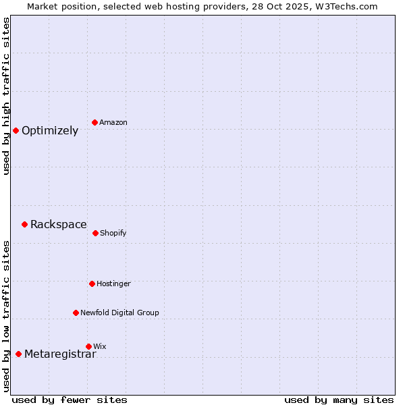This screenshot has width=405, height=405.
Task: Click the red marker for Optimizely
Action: point(16,130)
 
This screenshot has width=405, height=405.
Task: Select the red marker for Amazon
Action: point(95,122)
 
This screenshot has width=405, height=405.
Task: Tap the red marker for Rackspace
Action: point(25,224)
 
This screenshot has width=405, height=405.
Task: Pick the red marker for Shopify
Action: point(96,233)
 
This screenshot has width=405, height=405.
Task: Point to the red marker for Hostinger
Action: point(92,283)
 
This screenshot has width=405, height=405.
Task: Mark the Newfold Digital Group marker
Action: point(76,313)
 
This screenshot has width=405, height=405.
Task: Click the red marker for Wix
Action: point(88,346)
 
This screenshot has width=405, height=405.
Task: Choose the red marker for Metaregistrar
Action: point(19,354)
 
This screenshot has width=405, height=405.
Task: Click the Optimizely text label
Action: point(50,131)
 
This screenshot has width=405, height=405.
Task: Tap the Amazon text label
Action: point(113,123)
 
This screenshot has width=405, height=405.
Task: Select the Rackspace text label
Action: point(59,225)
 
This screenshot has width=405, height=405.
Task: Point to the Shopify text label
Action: point(113,234)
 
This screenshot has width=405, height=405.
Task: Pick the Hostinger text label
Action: point(113,284)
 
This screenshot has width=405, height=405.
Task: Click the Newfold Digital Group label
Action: point(119,313)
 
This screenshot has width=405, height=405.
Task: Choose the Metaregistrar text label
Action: point(60,354)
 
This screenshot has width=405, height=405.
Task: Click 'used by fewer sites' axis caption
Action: point(70,400)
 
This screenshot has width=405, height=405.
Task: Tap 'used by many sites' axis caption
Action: point(339,400)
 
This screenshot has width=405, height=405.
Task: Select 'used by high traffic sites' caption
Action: point(6,97)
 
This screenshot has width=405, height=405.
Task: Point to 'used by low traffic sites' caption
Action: point(6,316)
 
